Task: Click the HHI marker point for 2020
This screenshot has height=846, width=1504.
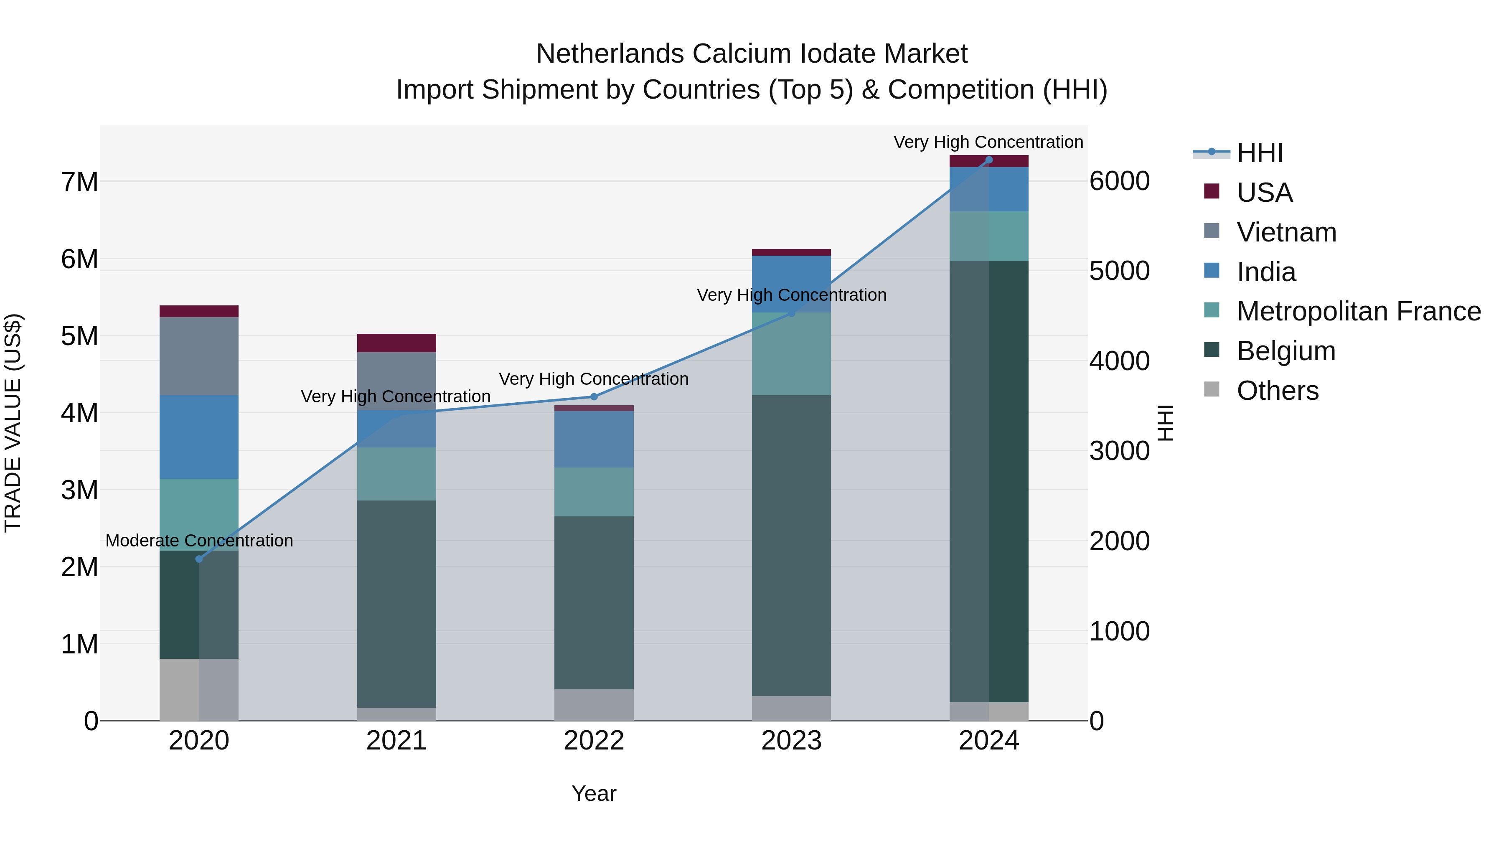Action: tap(199, 559)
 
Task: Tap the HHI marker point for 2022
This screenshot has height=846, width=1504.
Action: tap(594, 396)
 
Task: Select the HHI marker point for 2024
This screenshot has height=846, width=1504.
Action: tap(988, 160)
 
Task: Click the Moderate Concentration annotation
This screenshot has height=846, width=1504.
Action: tap(199, 541)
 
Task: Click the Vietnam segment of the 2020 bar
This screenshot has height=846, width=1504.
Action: tap(199, 356)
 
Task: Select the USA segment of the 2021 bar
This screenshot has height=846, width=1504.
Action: tap(396, 343)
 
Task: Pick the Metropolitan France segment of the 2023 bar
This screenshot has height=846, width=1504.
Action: tap(791, 354)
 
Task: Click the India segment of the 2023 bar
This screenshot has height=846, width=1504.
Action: tap(791, 284)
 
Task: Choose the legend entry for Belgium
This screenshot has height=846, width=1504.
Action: tap(1286, 351)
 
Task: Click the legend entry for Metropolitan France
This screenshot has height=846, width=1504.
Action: tap(1358, 311)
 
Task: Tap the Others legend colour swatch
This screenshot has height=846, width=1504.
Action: tap(1212, 389)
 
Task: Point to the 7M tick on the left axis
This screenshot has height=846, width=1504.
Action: tap(79, 182)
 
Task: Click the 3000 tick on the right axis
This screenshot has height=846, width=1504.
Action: tap(1119, 451)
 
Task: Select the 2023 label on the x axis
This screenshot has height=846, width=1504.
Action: tap(791, 741)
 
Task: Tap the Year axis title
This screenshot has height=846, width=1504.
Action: tap(594, 793)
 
